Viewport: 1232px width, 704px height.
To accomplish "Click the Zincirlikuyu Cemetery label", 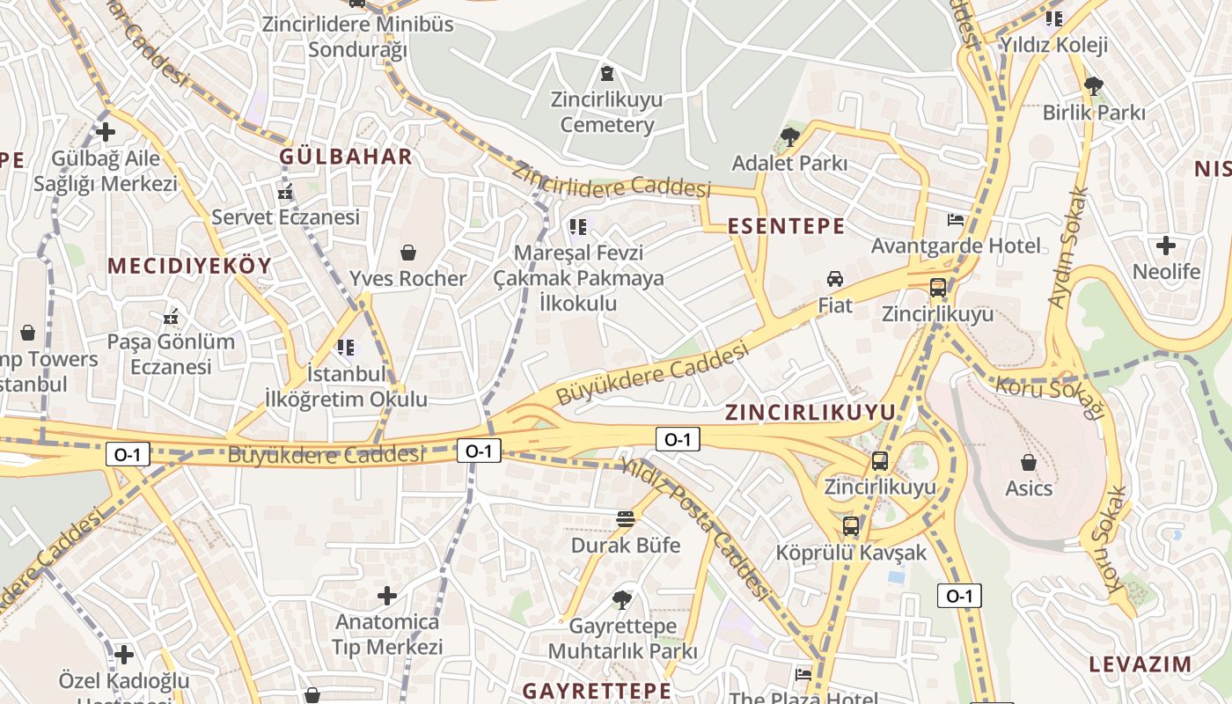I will [606, 112].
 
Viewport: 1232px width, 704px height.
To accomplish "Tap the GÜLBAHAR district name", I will [346, 157].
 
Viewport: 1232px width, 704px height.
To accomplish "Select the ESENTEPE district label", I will [786, 226].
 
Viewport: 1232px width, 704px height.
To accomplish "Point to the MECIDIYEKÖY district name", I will [190, 266].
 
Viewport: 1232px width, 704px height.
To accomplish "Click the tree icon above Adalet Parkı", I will [789, 136].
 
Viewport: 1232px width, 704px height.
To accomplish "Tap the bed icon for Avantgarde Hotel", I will [956, 219].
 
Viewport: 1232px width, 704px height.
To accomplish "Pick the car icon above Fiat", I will [835, 279].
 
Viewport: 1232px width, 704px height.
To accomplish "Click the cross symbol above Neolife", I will [1166, 246].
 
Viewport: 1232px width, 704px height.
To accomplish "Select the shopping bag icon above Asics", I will [1029, 461].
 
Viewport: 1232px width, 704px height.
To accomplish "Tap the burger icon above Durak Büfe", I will [626, 518].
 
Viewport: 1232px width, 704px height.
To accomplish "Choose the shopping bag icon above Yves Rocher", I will [408, 253].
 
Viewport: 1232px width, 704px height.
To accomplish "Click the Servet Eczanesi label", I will [286, 216].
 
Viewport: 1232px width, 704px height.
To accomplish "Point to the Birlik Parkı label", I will [1094, 113].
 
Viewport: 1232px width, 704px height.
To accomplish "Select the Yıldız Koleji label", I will [1053, 45].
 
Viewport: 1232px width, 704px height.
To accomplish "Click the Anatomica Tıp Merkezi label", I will [387, 634].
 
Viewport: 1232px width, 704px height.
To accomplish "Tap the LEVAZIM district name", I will [1140, 664].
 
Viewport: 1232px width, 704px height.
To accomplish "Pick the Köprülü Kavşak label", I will [851, 553].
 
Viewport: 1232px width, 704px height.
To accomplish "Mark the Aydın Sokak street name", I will [1068, 247].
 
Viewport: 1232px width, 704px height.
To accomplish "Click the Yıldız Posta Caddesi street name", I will [695, 533].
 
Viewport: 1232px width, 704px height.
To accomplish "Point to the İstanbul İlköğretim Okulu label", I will [346, 386].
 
